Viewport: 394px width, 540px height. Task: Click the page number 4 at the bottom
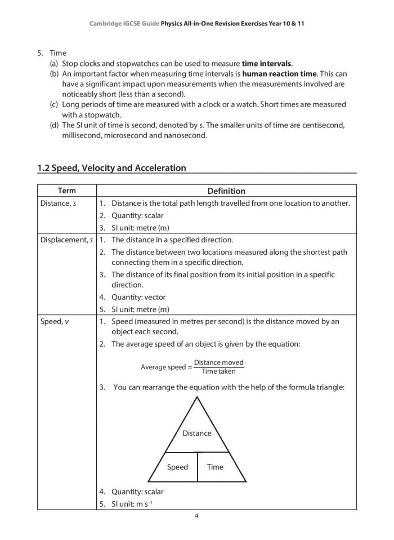(x=197, y=516)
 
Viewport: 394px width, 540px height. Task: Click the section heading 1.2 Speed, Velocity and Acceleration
(x=111, y=167)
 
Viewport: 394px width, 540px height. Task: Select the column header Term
(x=66, y=191)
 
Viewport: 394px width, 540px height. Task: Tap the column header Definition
(x=226, y=191)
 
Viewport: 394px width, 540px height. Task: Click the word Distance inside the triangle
(x=197, y=433)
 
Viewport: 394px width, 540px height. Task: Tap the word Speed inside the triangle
(x=178, y=467)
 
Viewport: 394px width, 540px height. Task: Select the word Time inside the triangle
(x=215, y=467)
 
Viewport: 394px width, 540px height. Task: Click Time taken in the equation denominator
(x=219, y=371)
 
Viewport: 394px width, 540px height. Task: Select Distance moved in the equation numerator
(x=219, y=362)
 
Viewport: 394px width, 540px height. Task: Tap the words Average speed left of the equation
(x=163, y=368)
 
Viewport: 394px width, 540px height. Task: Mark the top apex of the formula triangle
(x=197, y=397)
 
